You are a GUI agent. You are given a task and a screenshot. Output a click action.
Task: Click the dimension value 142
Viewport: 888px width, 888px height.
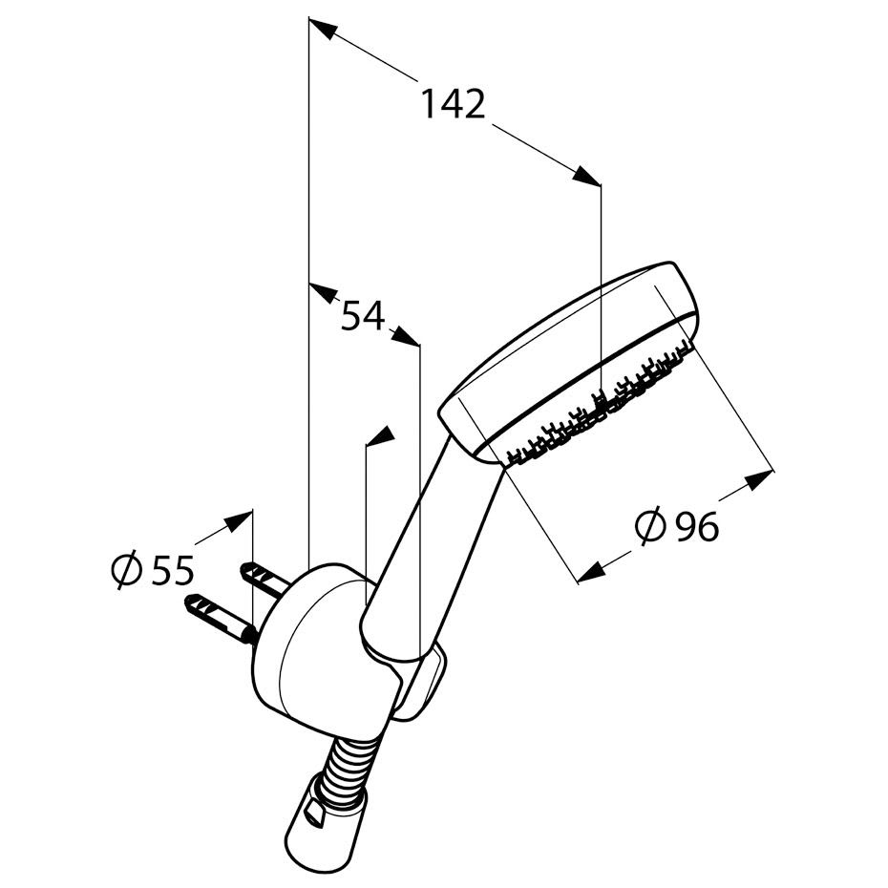[454, 104]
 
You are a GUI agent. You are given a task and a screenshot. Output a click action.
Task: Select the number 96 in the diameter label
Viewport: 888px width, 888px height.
[698, 526]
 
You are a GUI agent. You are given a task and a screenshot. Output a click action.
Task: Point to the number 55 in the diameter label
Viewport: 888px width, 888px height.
[172, 570]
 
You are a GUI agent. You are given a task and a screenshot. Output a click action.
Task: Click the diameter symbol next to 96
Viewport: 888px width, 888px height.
[649, 526]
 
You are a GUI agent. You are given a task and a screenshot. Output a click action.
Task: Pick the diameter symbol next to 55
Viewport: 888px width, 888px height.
[126, 570]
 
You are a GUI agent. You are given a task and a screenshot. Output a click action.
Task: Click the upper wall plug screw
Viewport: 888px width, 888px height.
[264, 579]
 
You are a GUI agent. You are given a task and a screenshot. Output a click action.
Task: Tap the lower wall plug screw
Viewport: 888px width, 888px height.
[222, 618]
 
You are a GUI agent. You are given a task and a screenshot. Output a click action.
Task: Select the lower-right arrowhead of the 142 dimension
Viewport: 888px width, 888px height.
[585, 175]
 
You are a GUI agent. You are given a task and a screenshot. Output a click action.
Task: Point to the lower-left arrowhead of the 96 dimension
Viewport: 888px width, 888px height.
[591, 573]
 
